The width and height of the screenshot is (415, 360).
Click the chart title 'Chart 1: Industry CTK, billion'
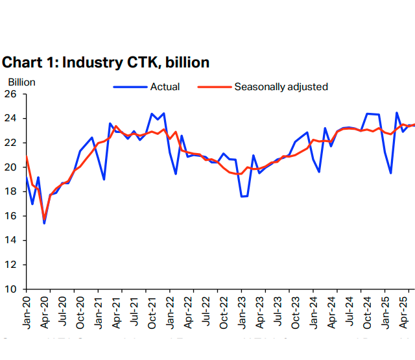106,63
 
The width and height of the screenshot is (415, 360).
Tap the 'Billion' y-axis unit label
21,82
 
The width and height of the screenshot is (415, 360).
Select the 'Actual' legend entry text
165,86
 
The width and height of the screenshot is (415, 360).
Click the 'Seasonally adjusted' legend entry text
281,86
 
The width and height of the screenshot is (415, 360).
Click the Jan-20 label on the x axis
27,311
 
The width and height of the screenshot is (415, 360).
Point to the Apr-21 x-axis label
116,311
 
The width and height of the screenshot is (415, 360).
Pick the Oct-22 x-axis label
224,311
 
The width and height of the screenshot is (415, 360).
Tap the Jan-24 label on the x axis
313,311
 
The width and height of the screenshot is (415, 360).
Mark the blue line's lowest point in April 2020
44,223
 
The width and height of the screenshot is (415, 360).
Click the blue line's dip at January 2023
241,196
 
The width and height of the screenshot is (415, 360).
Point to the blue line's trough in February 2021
104,179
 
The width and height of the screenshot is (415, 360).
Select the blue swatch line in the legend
130,86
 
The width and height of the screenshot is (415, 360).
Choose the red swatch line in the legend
214,86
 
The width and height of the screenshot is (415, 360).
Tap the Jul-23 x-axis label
278,311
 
